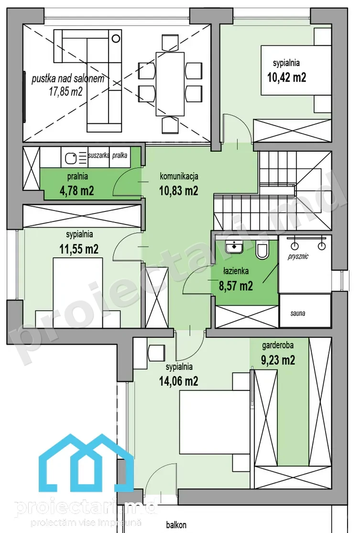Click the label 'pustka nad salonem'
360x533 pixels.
tap(68, 79)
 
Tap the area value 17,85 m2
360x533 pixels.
tap(66, 91)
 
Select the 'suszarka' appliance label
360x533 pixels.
tap(98, 155)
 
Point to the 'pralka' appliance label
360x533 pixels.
tap(120, 155)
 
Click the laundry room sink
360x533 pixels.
tap(72, 157)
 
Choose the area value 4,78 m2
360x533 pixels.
tap(77, 190)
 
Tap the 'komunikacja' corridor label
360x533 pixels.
tap(179, 177)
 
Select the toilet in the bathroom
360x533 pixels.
tap(262, 249)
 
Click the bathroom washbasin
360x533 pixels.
tap(234, 246)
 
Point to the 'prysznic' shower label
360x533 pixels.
tap(298, 256)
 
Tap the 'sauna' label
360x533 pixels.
tap(297, 313)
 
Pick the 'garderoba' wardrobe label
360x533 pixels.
tap(278, 345)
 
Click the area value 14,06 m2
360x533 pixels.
tap(179, 381)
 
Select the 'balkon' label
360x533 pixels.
tap(176, 525)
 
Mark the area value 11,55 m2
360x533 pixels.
tap(79, 249)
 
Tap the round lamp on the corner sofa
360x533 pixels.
tap(116, 38)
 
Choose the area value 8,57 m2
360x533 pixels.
tap(236, 286)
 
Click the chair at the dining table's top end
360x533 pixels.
tap(170, 43)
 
